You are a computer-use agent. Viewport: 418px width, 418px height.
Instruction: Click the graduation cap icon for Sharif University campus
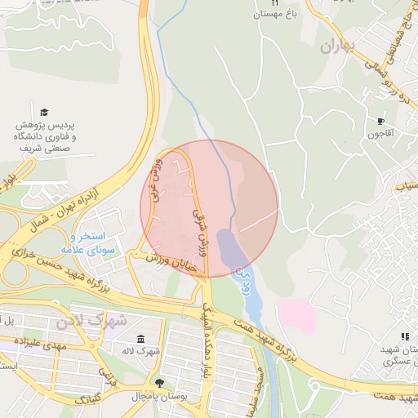pos(44,112)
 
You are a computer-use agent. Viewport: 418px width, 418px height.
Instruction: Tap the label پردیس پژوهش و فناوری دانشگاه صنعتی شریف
pos(47,138)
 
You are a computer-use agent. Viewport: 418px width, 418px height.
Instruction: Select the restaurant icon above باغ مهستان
pos(275,3)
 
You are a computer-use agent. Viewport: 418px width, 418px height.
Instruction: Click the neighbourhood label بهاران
pos(340,47)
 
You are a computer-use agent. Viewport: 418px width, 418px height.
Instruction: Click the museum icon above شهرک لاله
pos(141,339)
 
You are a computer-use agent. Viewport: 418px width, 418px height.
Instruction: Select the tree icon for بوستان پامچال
pos(158,383)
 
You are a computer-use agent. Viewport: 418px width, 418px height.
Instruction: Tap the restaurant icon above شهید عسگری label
pos(404,336)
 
